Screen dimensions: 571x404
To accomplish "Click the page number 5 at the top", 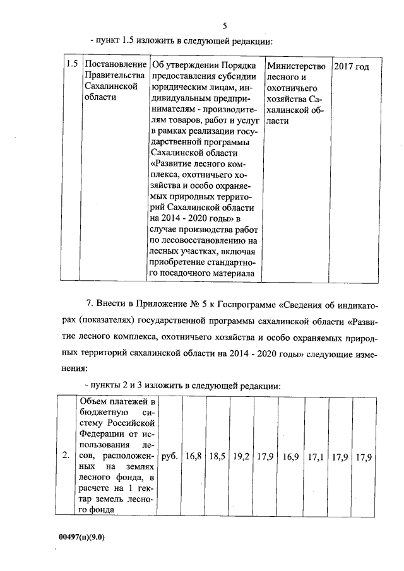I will coord(225,25).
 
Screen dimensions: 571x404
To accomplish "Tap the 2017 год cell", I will coord(351,66).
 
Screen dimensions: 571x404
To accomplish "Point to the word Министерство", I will coord(296,66).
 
